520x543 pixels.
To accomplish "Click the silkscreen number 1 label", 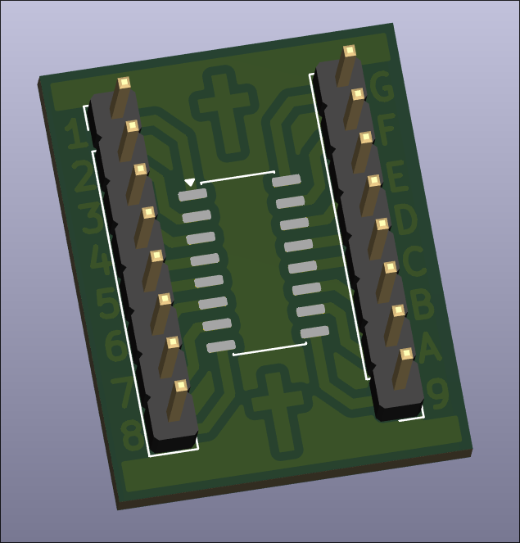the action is pos(75,134).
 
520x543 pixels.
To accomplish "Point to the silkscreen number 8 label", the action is pos(133,435).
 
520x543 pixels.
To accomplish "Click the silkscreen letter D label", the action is pos(405,219).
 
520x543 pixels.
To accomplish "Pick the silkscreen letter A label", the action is pos(429,347).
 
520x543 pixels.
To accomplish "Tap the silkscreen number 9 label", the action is pos(437,393).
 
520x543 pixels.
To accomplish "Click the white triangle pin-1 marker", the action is pos(190,182).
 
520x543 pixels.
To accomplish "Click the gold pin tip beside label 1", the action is pos(124,83).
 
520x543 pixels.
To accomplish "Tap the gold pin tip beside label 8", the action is pos(181,386).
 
